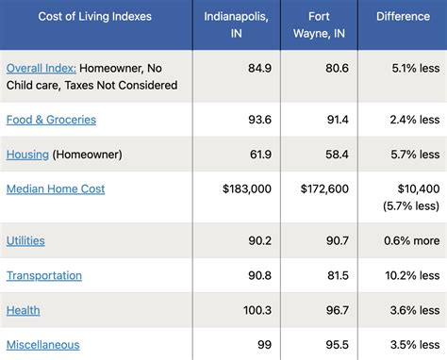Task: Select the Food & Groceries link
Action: (x=51, y=120)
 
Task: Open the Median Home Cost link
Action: (x=56, y=188)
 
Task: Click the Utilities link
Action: (x=25, y=240)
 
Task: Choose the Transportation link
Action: (x=44, y=275)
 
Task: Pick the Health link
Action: (x=23, y=310)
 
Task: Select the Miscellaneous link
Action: (x=42, y=345)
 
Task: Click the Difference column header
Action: (x=403, y=16)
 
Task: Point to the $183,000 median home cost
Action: (x=247, y=188)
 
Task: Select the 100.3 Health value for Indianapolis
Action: (x=255, y=310)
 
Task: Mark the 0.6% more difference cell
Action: (x=412, y=240)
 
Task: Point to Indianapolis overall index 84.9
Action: (x=258, y=68)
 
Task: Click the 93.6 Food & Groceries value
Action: (x=258, y=120)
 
